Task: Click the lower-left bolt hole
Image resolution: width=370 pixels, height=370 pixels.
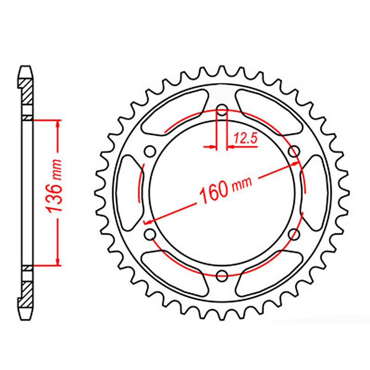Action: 150,234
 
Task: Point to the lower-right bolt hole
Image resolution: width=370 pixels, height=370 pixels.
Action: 294,234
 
